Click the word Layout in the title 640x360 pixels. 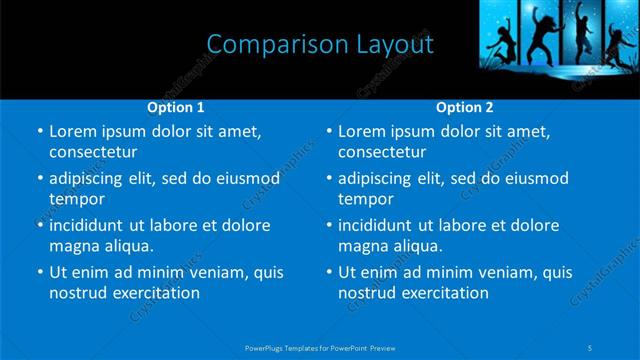[x=396, y=44]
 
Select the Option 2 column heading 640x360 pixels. [x=465, y=107]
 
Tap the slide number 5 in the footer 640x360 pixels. [x=592, y=347]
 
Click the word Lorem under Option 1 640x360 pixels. [x=73, y=131]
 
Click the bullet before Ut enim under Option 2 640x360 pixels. [x=328, y=272]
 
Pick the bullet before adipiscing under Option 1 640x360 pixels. [x=38, y=179]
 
